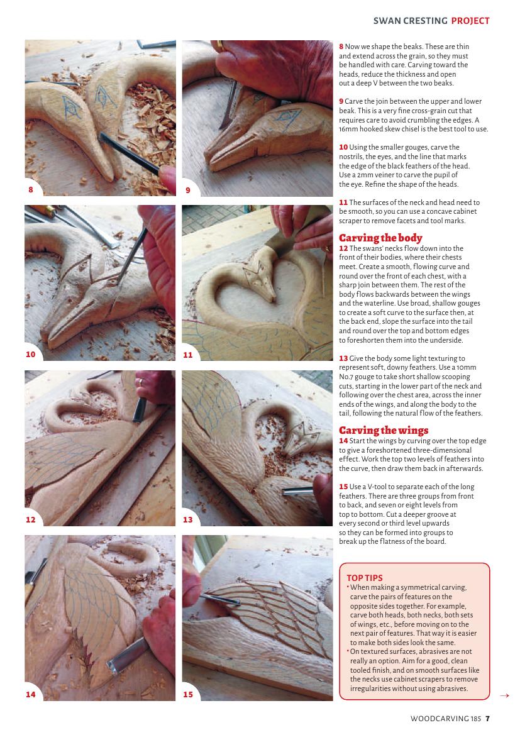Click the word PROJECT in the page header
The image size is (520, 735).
pyautogui.click(x=470, y=21)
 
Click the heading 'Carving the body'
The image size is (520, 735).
pyautogui.click(x=380, y=238)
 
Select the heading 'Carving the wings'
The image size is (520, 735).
pyautogui.click(x=384, y=430)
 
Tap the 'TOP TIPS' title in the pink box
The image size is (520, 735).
pyautogui.click(x=364, y=578)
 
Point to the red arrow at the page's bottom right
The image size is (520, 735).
pyautogui.click(x=504, y=695)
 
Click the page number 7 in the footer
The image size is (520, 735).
pyautogui.click(x=488, y=719)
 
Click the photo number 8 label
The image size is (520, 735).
pyautogui.click(x=31, y=190)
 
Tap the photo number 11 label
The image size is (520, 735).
pyautogui.click(x=187, y=355)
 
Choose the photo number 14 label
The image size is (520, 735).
pyautogui.click(x=30, y=694)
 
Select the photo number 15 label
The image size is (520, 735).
pyautogui.click(x=187, y=694)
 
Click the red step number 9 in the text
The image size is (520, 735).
pyautogui.click(x=341, y=101)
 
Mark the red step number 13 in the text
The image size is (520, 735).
pyautogui.click(x=343, y=358)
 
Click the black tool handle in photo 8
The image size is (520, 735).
pyautogui.click(x=129, y=154)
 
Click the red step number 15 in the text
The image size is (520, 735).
pyautogui.click(x=343, y=487)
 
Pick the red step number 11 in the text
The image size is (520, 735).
pyautogui.click(x=343, y=202)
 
